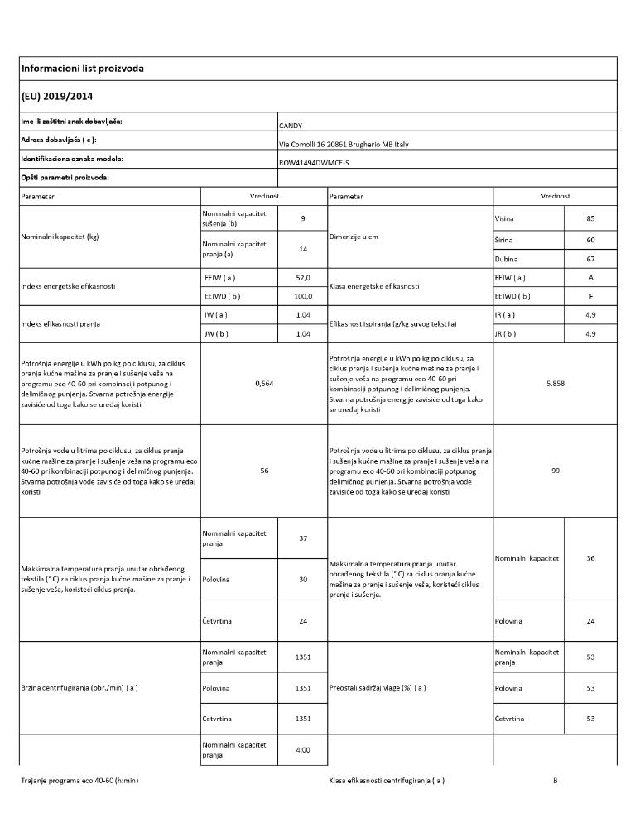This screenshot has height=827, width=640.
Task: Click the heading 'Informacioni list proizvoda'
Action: coord(82,69)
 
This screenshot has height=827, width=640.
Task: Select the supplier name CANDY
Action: coord(291,126)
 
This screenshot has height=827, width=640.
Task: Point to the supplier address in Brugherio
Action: coord(344,144)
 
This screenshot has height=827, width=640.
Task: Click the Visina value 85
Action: coord(590,218)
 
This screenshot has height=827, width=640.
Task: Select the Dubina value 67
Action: coord(590,259)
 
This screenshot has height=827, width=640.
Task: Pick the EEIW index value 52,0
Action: coord(303,278)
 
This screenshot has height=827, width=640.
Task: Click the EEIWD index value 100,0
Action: coord(303,295)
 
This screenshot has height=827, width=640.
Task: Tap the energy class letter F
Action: coord(590,295)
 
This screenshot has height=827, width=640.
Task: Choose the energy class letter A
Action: coord(590,278)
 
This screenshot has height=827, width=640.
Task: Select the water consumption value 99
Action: coord(555,470)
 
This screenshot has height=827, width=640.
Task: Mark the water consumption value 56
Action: coord(263,470)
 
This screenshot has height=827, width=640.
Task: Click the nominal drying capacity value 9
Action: coord(303,218)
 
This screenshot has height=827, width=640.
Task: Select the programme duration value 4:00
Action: coord(303,750)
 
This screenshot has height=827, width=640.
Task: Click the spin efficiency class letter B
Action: coord(555,780)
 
